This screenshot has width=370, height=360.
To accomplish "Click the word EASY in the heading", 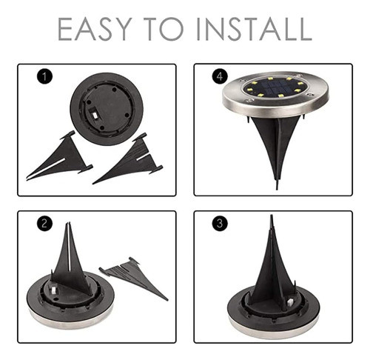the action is pos(94,29).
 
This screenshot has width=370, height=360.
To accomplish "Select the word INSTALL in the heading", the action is pos(255,29).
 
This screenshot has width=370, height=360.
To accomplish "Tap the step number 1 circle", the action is pos(44,77).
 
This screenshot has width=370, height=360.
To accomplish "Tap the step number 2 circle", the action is pos(44,224).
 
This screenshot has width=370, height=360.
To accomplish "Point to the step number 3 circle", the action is pos(220,224).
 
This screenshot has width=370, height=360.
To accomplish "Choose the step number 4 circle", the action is pos(220,77).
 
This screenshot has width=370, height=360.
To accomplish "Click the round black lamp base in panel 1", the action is pos(107,109).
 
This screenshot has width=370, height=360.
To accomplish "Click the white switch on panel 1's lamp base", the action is pos(94,115).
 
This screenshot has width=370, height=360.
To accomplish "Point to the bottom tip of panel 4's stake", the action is pos(277,189).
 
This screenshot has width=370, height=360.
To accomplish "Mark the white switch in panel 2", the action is pos(53,290).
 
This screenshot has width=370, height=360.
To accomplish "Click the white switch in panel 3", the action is pos(291,302).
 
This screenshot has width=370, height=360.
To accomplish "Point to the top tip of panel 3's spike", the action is pos(272,216).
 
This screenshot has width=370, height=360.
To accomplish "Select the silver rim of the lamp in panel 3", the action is pos(273,327).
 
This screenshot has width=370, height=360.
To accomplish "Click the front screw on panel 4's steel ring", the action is pos(250,100).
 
